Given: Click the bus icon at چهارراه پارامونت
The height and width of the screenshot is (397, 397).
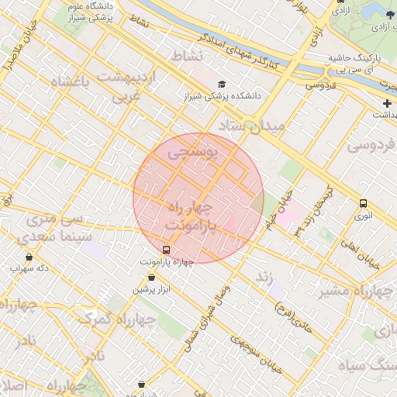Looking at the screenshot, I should pos(166,250).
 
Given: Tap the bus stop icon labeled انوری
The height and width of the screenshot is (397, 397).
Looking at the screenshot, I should pos(364,203).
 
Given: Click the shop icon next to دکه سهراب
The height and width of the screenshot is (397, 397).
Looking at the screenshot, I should pos(29,257).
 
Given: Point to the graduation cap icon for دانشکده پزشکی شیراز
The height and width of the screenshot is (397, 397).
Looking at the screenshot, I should pos(223,84).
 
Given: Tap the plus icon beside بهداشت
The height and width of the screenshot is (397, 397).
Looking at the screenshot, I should pos(387,103).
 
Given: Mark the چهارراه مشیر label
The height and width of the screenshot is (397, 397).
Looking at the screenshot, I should pos(359,291).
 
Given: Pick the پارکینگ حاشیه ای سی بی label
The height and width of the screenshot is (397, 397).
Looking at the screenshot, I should pos(361,64).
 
